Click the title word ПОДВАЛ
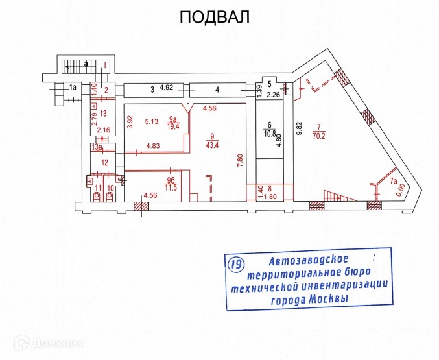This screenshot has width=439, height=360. [214, 18]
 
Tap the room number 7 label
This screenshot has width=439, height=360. [318, 126]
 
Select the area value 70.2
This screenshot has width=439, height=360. [318, 136]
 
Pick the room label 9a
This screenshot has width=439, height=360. [172, 119]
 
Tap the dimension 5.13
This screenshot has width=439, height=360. [152, 121]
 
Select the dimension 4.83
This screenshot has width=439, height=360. [153, 146]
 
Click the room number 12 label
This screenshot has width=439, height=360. [103, 162]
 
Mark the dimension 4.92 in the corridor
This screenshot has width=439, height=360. [167, 88]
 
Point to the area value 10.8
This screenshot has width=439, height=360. [270, 134]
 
